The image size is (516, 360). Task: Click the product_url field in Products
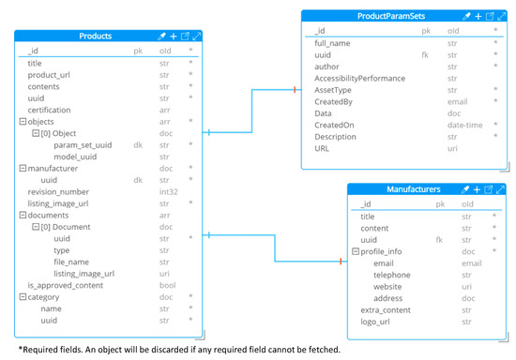pos(48,74)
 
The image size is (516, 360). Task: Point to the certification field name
pos(49,109)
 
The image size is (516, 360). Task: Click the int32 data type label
pos(169,190)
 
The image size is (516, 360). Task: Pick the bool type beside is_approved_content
pos(168,284)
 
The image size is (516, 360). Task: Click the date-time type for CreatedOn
pos(464,125)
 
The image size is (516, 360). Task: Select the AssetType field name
pos(333,90)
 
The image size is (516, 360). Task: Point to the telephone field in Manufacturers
pos(391,275)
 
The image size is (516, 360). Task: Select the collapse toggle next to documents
pos(22,214)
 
